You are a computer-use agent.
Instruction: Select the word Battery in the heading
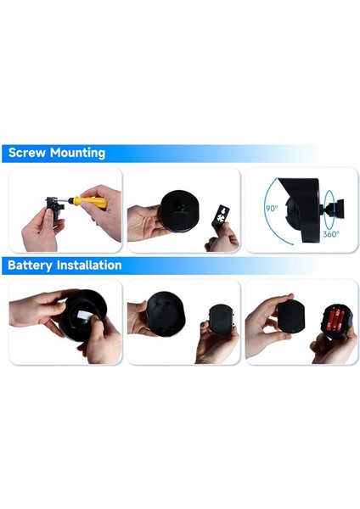[31, 266]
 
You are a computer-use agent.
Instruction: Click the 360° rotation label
[332, 234]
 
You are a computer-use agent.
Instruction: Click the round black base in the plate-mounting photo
[180, 208]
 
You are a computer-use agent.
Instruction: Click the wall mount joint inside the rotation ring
[329, 207]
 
